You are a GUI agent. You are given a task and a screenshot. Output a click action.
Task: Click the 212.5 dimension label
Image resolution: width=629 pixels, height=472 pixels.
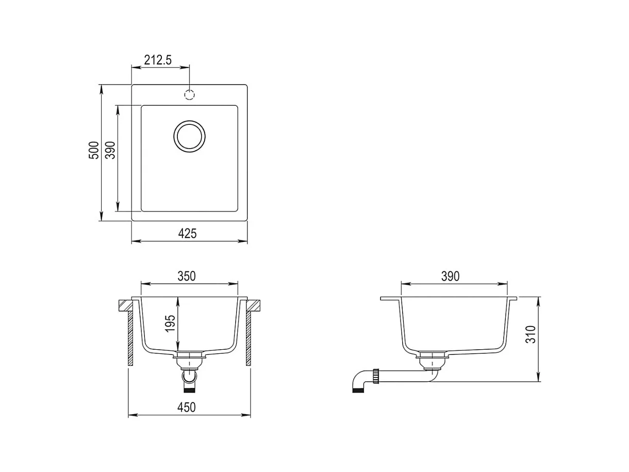tap(158, 60)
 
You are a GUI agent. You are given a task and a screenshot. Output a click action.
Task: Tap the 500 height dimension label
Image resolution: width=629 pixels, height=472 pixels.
tap(94, 150)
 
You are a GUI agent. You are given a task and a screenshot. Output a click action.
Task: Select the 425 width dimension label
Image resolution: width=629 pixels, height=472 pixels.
tap(187, 234)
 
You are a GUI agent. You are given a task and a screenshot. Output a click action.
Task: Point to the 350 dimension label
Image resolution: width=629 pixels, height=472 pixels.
tap(187, 276)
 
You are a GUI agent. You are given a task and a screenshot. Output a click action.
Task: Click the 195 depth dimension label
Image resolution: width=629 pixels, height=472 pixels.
tap(170, 323)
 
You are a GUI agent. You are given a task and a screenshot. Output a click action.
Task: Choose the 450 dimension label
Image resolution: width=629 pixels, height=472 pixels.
tap(187, 407)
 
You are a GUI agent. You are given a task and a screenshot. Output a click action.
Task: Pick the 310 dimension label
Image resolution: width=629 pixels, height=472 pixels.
tap(531, 334)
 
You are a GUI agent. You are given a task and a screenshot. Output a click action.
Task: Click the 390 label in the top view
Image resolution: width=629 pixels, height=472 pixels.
tap(110, 150)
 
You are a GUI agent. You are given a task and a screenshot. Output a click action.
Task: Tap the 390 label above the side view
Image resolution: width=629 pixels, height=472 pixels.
tap(450, 276)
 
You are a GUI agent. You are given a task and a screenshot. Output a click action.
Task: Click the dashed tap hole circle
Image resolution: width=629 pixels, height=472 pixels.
tap(189, 94)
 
